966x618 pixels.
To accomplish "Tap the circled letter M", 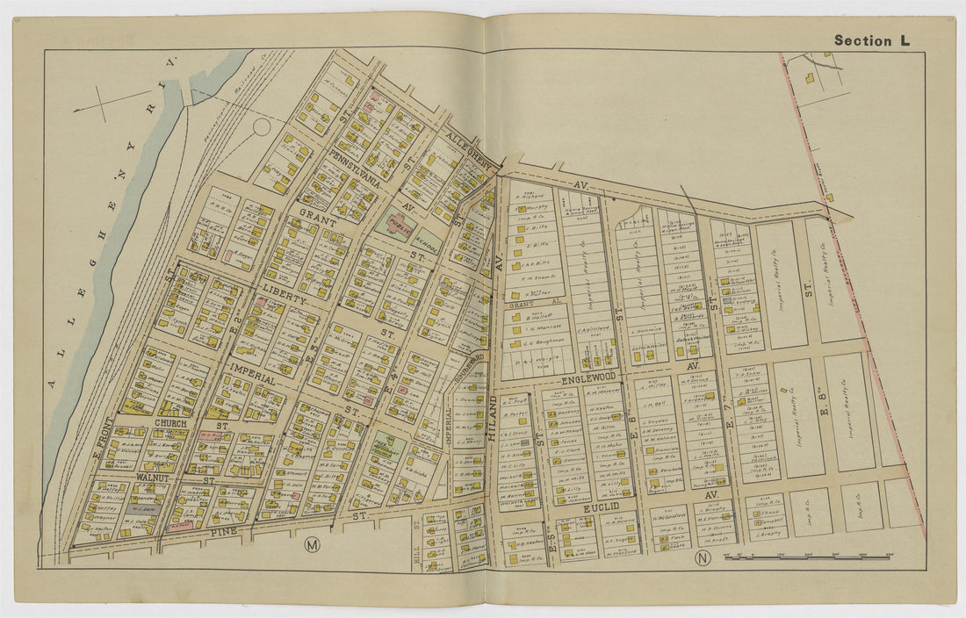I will click(x=311, y=544).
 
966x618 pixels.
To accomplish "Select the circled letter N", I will click(x=702, y=557).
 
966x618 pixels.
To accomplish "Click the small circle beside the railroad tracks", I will click(x=262, y=126).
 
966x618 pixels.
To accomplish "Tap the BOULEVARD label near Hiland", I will click(x=472, y=365).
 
